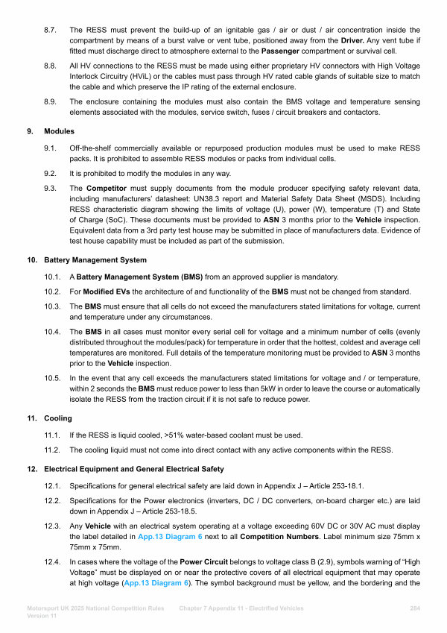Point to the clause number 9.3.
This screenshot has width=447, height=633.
pyautogui.click(x=51, y=189)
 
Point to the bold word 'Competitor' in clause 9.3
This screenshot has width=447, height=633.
pyautogui.click(x=111, y=189)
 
